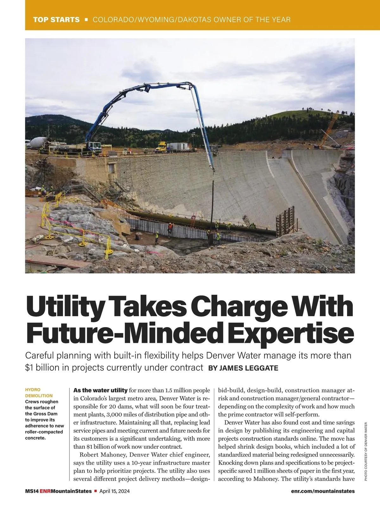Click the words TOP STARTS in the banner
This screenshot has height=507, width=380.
point(56,20)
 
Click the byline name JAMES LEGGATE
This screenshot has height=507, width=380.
point(249,368)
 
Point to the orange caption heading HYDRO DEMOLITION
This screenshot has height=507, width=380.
point(39,393)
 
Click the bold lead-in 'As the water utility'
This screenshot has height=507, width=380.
point(100,390)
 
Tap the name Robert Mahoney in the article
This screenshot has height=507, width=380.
point(102,455)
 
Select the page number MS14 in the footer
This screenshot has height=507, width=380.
point(32,491)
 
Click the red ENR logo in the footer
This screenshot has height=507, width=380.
point(45,491)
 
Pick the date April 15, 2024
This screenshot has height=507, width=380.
point(115,491)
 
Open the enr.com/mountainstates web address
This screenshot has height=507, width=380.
point(323,491)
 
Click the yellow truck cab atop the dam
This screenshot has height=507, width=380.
point(161,146)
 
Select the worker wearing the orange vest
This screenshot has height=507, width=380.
point(170,227)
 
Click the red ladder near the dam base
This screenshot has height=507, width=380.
point(192,222)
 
